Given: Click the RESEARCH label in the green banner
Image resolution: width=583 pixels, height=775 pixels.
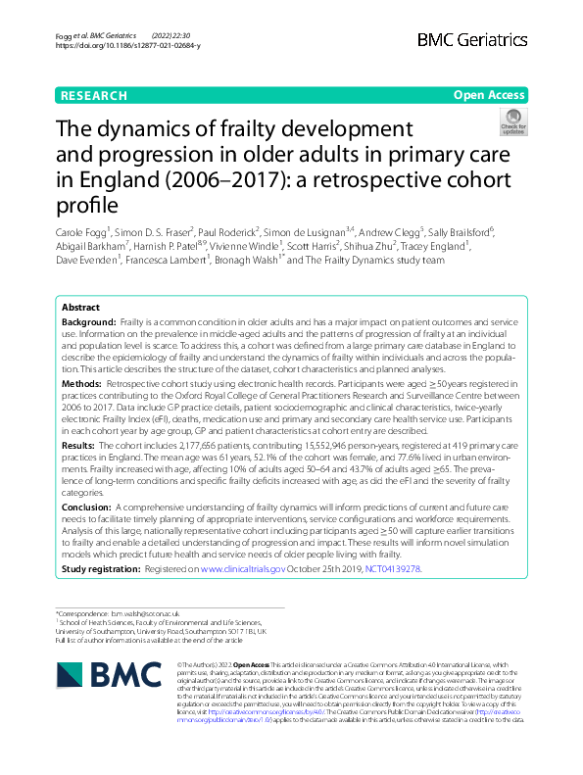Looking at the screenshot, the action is [x=93, y=96].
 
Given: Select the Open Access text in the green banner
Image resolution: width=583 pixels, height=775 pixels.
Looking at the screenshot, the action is [x=488, y=96].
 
